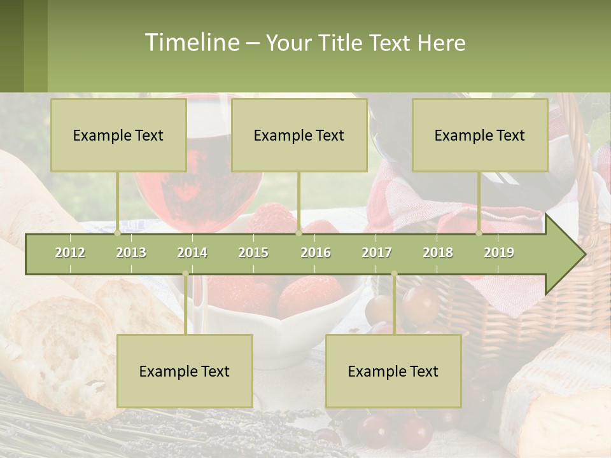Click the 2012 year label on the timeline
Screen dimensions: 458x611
tap(70, 253)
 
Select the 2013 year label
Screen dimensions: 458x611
tap(131, 253)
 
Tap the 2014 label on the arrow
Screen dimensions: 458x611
tap(192, 253)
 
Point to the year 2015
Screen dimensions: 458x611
tap(253, 253)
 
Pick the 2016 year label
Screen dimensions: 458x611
tap(316, 253)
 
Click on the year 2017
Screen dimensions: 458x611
tap(377, 253)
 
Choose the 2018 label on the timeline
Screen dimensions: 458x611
tap(438, 253)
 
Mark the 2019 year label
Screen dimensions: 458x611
tap(499, 253)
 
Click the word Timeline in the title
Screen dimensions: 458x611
tap(191, 43)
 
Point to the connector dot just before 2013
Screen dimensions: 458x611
tap(117, 233)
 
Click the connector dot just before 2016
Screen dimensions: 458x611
tap(298, 233)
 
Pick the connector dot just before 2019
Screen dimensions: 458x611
tap(479, 233)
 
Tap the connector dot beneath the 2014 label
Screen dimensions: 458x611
tap(185, 274)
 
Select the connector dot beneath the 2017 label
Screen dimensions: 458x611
tap(394, 274)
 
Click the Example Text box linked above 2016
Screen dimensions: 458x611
tap(299, 135)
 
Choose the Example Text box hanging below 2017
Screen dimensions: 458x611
tap(393, 371)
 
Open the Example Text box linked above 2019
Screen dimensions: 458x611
tap(480, 135)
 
